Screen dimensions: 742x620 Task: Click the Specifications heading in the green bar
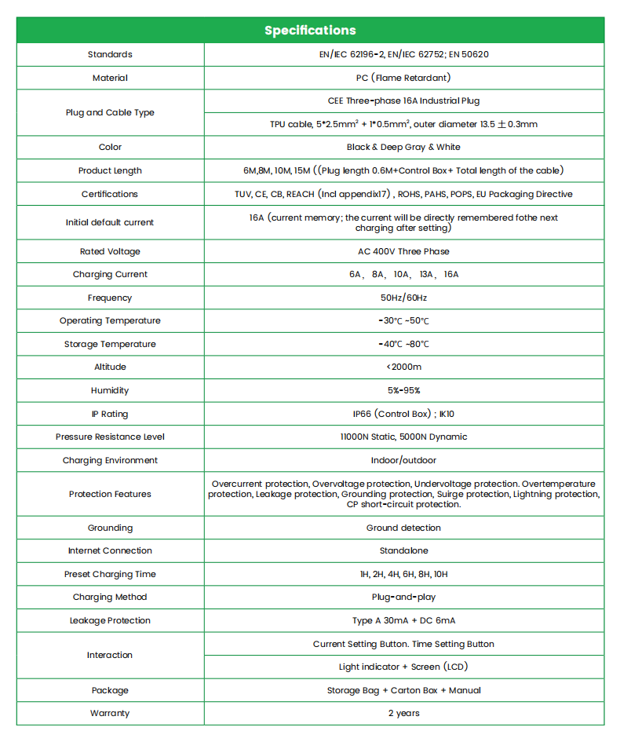point(310,31)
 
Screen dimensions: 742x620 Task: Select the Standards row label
point(110,54)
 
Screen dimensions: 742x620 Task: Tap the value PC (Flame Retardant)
point(403,78)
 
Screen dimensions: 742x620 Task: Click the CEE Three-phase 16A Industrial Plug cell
point(403,101)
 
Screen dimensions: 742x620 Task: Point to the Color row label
point(110,147)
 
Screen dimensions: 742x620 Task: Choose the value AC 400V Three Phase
point(403,251)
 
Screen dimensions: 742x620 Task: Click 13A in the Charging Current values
point(425,275)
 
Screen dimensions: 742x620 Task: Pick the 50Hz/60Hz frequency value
point(403,298)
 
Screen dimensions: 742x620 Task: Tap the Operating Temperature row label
point(110,320)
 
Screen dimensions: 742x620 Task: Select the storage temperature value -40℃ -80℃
point(403,344)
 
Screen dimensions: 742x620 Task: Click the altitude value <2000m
point(403,367)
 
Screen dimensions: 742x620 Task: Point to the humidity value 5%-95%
point(403,390)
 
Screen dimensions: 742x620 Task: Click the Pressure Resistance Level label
point(110,437)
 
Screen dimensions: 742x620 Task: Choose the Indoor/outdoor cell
point(403,460)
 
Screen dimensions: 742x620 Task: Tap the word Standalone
point(403,550)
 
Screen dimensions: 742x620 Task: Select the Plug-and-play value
point(403,597)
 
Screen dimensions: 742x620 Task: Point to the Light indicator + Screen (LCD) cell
point(403,667)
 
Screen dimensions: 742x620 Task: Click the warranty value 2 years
point(403,713)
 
